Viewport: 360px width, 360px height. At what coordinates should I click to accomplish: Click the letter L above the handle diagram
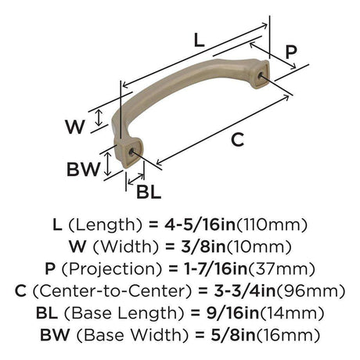(200, 41)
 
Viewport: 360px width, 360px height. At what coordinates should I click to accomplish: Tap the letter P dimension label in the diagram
(291, 52)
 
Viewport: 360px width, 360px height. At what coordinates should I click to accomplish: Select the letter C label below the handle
(237, 139)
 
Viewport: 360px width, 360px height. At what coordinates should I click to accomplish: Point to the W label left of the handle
(75, 127)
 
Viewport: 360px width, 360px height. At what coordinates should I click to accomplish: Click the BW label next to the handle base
(83, 169)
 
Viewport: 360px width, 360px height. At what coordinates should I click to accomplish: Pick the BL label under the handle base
(149, 192)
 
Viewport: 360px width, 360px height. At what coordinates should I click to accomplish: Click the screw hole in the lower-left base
(132, 152)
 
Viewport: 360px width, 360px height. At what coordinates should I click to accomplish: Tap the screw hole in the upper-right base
(260, 75)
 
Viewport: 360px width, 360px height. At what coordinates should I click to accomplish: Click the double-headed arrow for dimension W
(99, 117)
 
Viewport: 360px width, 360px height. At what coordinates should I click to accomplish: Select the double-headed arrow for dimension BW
(107, 164)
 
